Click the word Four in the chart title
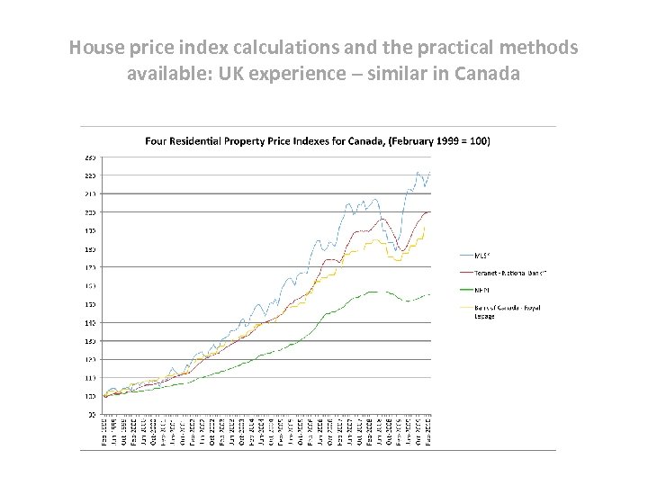point(157,140)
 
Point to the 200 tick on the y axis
point(91,212)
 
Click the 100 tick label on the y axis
point(91,396)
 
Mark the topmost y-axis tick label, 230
point(91,157)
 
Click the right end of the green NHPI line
point(430,294)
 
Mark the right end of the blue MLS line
point(430,173)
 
